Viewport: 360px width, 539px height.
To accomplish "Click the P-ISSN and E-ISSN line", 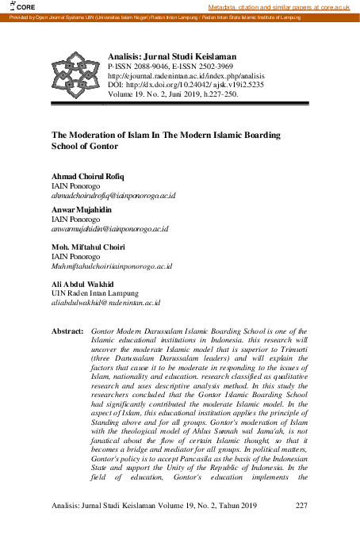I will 164,69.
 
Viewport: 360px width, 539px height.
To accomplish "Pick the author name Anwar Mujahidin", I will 84,210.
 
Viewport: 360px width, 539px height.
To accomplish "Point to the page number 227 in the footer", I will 301,506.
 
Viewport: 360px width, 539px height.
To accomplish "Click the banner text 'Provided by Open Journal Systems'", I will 48,17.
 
